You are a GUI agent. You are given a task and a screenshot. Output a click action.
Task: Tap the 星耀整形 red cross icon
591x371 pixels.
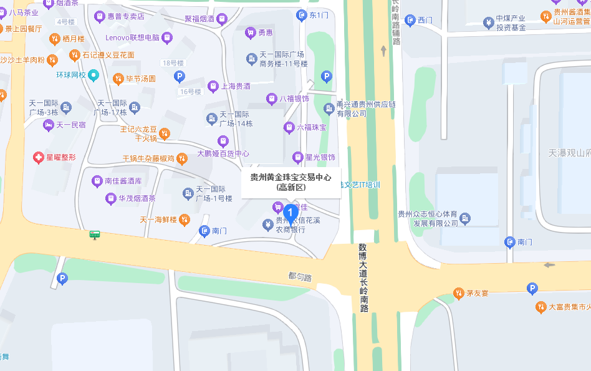tap(39, 157)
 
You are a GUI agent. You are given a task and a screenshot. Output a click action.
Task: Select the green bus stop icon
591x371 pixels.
tap(95, 234)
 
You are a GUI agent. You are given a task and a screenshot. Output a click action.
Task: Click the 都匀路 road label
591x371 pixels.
tap(300, 276)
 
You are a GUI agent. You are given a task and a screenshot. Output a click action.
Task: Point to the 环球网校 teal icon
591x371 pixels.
tap(94, 75)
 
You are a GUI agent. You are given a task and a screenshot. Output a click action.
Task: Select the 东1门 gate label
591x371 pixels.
tap(319, 15)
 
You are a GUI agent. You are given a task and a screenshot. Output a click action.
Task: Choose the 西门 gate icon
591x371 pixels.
tap(410, 21)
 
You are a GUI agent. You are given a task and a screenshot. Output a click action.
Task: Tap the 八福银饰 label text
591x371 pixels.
tap(294, 99)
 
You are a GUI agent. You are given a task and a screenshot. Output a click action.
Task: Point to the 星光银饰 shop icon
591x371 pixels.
tap(297, 157)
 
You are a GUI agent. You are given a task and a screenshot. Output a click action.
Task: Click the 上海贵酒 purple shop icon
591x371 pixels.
tap(213, 86)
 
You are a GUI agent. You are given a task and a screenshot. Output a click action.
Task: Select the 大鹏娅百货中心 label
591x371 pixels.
tap(223, 153)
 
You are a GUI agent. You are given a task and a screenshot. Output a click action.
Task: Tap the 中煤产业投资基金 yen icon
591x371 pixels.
tap(489, 23)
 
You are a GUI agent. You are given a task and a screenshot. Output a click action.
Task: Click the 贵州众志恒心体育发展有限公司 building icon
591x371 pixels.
tap(465, 219)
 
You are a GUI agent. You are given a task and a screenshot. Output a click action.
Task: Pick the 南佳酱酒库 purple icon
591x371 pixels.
tap(97, 181)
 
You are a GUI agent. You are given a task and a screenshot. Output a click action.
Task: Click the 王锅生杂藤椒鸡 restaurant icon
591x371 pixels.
tap(181, 158)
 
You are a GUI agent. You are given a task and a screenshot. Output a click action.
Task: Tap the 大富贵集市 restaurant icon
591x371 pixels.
tap(541, 307)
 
